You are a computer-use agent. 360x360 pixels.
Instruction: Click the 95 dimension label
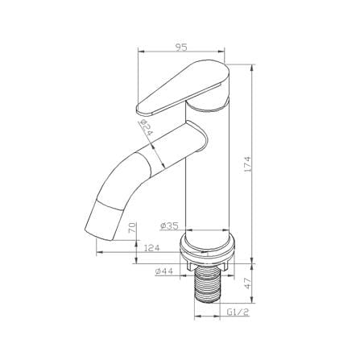[x=180, y=47]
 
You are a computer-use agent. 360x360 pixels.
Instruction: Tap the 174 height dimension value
[x=247, y=163]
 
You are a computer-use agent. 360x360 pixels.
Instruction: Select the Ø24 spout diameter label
[x=146, y=126]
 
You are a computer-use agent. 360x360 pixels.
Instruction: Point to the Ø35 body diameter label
[x=169, y=226]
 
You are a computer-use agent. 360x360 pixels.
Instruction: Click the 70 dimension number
[x=133, y=228]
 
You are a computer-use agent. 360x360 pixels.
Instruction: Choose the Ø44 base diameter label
[x=163, y=271]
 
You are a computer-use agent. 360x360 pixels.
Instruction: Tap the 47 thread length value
[x=247, y=283]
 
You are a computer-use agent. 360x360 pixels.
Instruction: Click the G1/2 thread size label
[x=238, y=312]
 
